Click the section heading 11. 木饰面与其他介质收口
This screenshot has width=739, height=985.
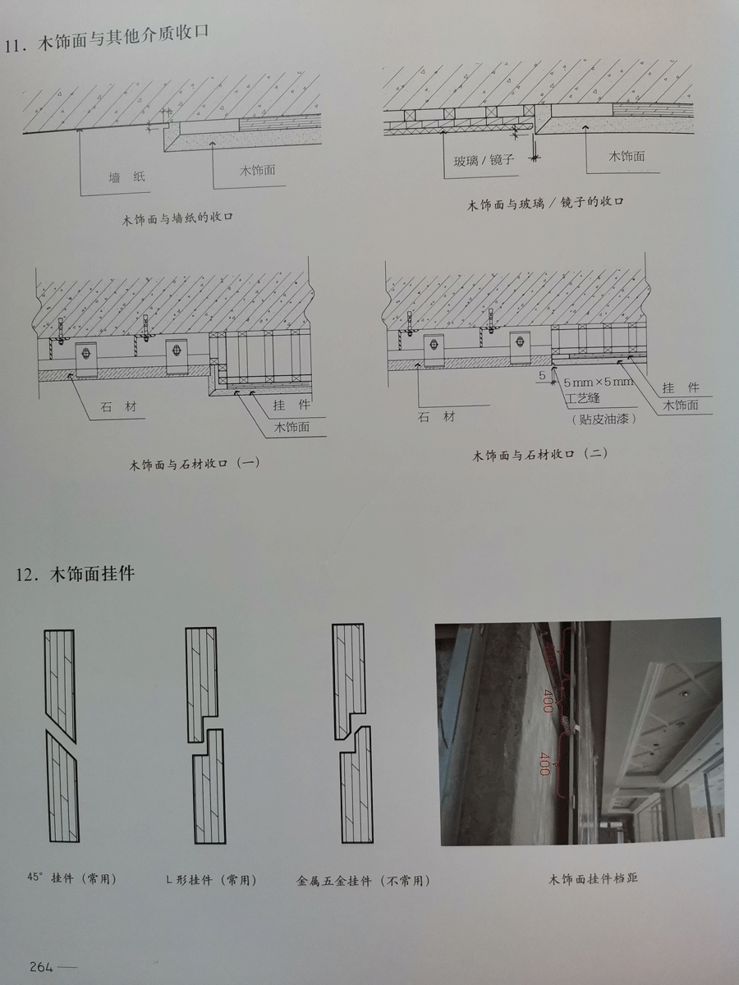pos(107,39)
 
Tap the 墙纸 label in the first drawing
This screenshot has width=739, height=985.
pos(127,177)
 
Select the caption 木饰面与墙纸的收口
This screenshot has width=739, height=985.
pos(177,218)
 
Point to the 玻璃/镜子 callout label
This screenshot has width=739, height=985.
pos(484,160)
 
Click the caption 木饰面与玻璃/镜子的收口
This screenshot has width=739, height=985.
pos(545,204)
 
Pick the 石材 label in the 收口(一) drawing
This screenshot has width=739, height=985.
pos(118,407)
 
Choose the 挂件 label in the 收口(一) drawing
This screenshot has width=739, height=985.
pos(291,405)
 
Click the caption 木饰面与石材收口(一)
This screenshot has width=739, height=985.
pos(195,464)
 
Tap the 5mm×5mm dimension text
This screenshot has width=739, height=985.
pos(598,383)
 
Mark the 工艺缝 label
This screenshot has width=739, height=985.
pos(583,397)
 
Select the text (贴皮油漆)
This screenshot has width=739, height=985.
pos(604,419)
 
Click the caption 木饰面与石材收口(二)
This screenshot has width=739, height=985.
pos(539,455)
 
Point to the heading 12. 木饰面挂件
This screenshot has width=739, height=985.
pos(76,574)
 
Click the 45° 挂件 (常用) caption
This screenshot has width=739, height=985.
pos(71,878)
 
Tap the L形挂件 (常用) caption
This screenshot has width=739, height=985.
pos(211,880)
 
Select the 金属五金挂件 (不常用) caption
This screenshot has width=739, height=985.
pos(363,881)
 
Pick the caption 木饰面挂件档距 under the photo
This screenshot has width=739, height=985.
pos(593,878)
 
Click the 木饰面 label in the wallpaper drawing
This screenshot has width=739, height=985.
pos(258,170)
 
